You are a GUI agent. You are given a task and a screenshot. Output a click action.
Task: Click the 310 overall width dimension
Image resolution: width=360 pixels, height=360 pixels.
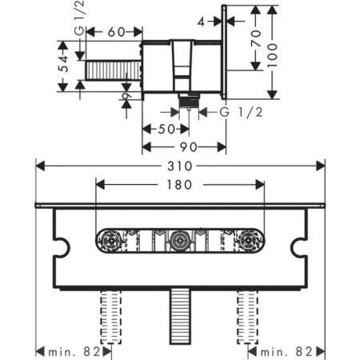coord(181,166)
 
